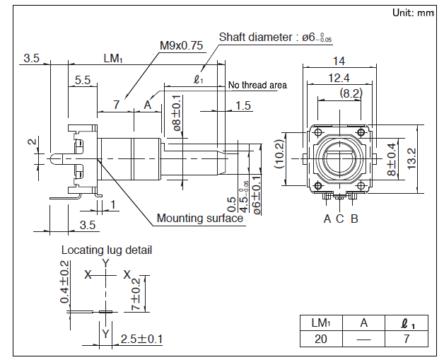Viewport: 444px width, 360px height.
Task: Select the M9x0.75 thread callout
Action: [181, 45]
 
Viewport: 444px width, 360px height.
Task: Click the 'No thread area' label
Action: [257, 86]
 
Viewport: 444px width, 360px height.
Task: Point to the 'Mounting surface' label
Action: [200, 218]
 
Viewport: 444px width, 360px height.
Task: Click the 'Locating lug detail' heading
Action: [107, 250]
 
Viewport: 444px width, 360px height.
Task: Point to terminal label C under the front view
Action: [339, 219]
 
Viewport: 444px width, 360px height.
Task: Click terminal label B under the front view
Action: [354, 219]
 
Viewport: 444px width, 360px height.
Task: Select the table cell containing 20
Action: [320, 339]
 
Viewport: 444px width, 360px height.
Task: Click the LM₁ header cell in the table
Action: [320, 323]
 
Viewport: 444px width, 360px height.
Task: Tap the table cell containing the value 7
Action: [406, 339]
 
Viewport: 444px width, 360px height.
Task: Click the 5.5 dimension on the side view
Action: [82, 81]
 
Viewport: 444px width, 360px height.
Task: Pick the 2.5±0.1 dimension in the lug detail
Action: [141, 339]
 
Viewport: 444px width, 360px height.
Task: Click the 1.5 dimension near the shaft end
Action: [243, 105]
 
